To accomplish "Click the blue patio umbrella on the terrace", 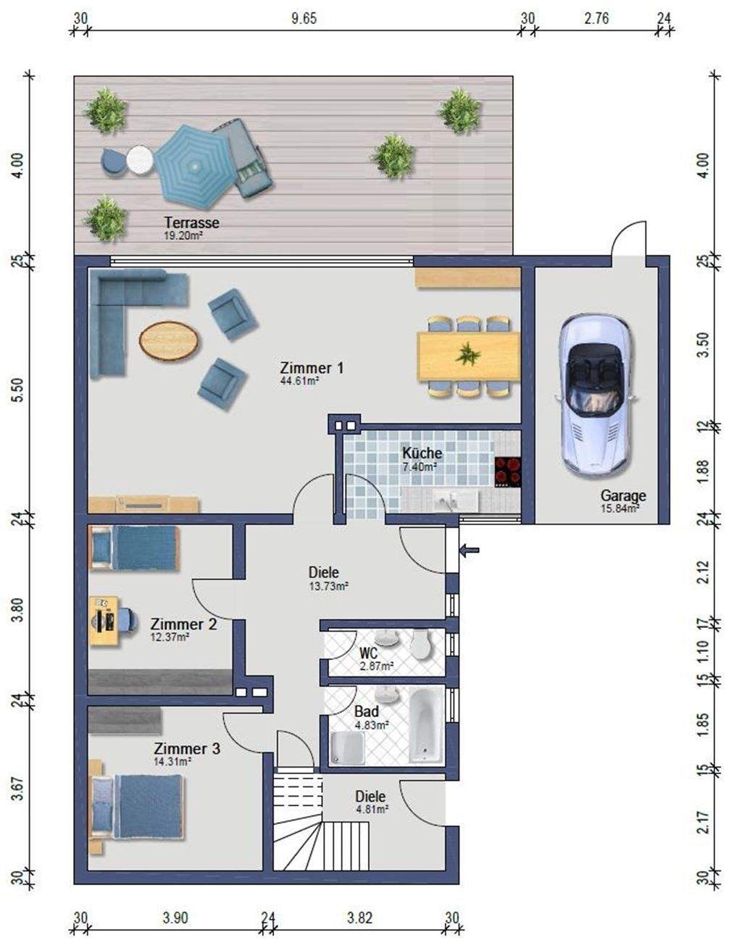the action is [x=192, y=167].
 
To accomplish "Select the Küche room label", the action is [x=422, y=453].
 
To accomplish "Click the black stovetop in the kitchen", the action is [x=508, y=471].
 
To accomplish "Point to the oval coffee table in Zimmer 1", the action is [x=169, y=340].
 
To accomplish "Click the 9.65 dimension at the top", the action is [x=304, y=20].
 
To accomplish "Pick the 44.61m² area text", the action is [x=299, y=380].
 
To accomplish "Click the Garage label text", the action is [x=623, y=496].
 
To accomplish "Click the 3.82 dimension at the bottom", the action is [x=359, y=918].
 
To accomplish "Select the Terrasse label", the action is [x=191, y=223].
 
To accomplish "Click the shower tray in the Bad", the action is [x=348, y=747].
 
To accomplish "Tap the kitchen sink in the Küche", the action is [x=450, y=500].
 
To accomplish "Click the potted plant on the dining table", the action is [x=467, y=354].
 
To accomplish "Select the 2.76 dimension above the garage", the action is [x=596, y=20].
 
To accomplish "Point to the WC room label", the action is [x=368, y=654].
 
